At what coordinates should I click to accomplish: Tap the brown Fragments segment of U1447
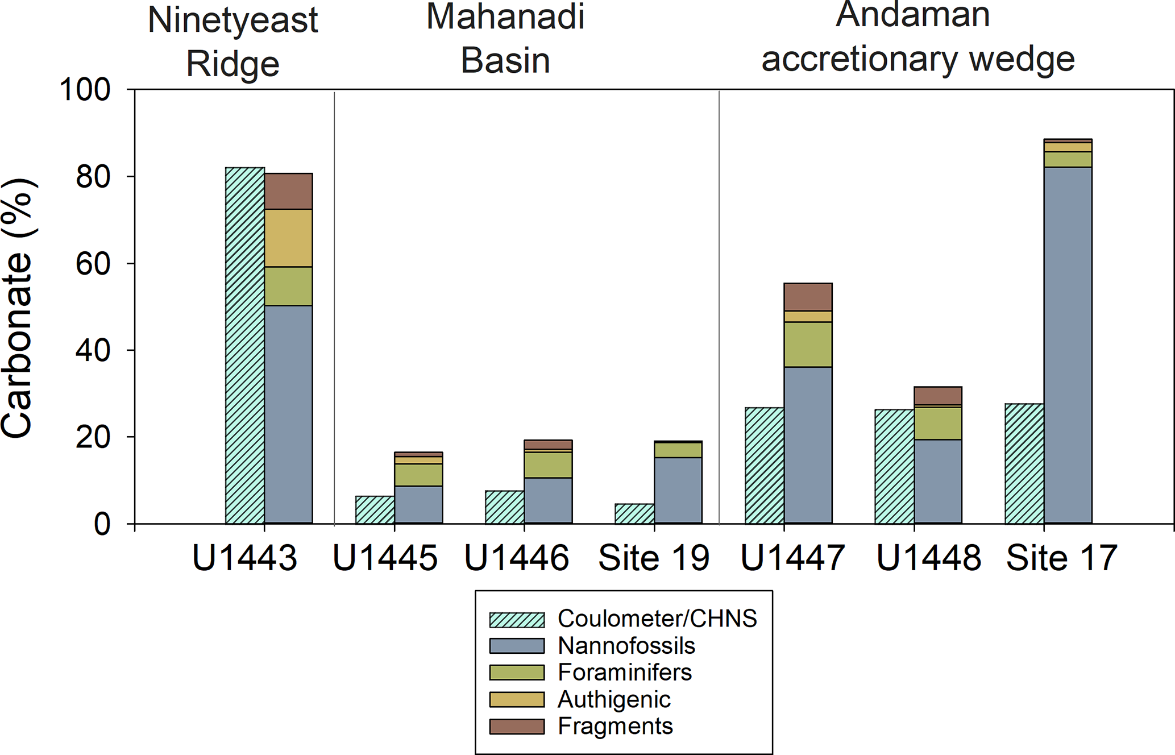808,297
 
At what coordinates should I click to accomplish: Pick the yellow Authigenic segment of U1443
288,238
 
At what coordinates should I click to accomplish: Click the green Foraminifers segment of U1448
938,423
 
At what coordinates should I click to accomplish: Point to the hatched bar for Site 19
634,513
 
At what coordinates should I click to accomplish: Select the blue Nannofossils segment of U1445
418,504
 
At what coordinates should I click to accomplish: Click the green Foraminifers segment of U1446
548,464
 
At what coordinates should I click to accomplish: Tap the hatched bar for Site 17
1024,463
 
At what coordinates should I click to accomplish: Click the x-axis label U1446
517,558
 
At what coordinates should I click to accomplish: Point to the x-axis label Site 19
654,558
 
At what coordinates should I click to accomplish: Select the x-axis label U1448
929,558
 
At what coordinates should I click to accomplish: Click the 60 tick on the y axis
93,264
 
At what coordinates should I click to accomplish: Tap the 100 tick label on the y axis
85,90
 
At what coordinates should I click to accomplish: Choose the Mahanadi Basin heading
505,39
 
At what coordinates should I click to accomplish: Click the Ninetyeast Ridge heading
232,42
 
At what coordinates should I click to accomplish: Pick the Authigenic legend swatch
517,699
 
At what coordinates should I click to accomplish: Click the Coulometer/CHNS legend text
657,619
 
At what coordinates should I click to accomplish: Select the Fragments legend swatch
517,727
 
